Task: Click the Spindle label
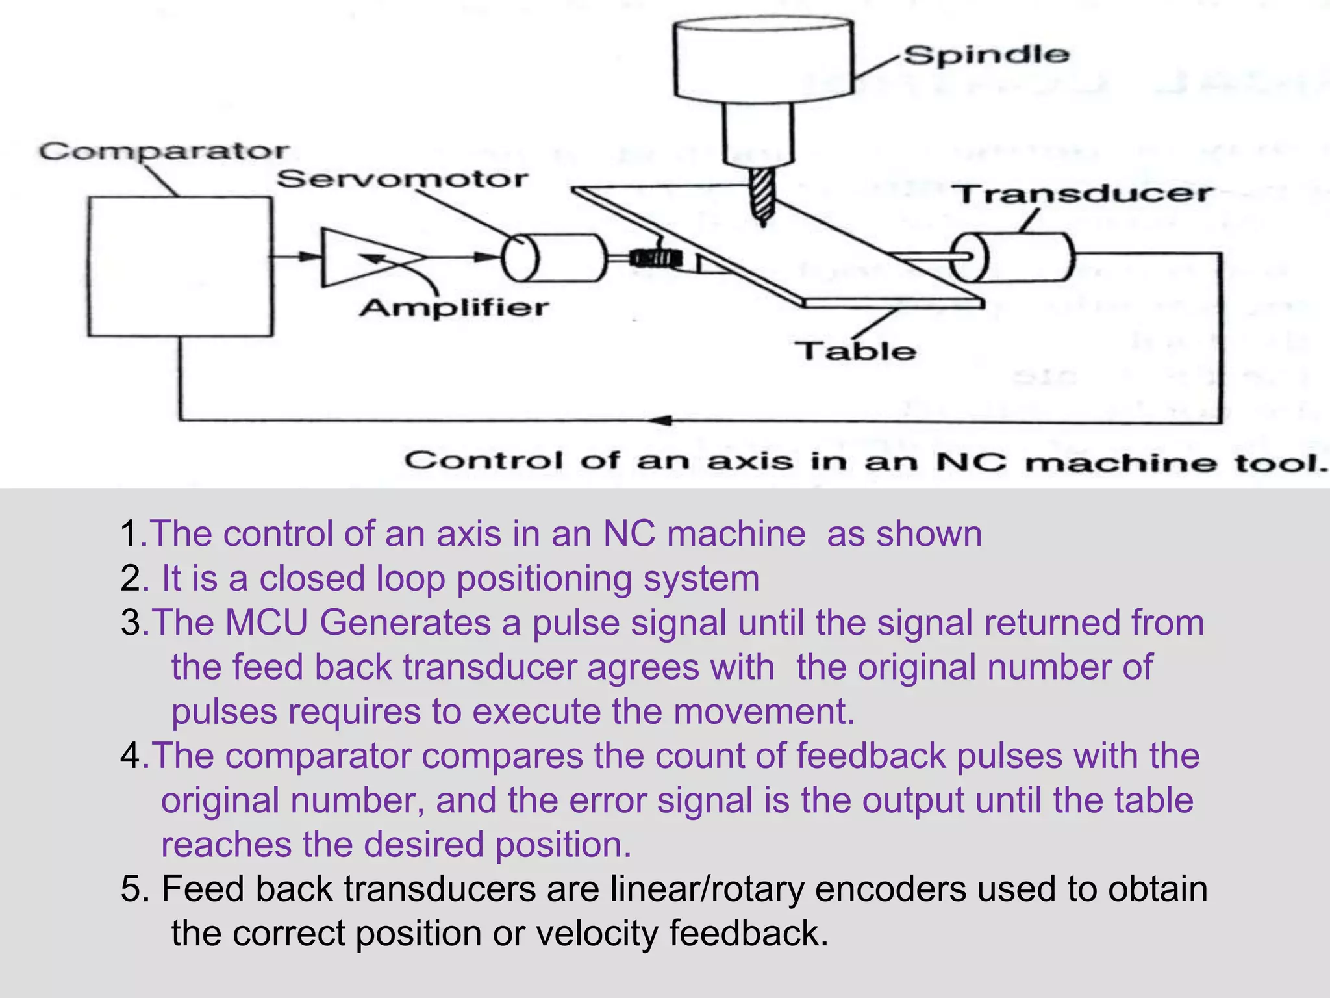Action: point(986,55)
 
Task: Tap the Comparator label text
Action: point(164,152)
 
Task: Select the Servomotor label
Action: point(403,179)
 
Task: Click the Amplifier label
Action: point(454,307)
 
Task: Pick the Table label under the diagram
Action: point(855,351)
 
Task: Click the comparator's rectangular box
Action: point(180,266)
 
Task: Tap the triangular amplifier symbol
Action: point(351,257)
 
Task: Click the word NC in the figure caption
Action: point(972,462)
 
